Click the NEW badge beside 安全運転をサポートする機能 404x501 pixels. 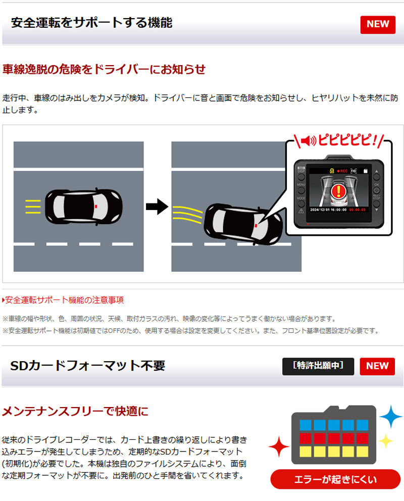click(x=378, y=25)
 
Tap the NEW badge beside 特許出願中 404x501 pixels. click(x=377, y=366)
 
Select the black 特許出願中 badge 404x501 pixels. click(x=318, y=366)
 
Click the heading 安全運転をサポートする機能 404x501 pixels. click(x=92, y=23)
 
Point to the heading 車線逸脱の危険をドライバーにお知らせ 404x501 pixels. click(x=104, y=69)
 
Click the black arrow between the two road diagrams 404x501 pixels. click(x=157, y=207)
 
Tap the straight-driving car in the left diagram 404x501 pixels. click(x=84, y=207)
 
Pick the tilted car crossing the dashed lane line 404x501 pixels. click(x=243, y=224)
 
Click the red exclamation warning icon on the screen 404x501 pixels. click(x=338, y=191)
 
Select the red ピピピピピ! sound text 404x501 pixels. click(x=347, y=140)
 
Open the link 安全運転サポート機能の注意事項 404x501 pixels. click(x=63, y=300)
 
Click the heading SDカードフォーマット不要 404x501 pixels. click(x=88, y=366)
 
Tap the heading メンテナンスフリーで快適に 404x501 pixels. click(x=75, y=411)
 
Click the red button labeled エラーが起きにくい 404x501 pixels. click(x=335, y=479)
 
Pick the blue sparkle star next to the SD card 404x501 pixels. click(x=391, y=416)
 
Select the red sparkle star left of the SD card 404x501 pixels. click(x=279, y=446)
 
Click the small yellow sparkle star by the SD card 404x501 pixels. click(x=386, y=441)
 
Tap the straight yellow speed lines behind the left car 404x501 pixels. click(x=33, y=207)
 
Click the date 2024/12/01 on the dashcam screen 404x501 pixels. click(x=319, y=210)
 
